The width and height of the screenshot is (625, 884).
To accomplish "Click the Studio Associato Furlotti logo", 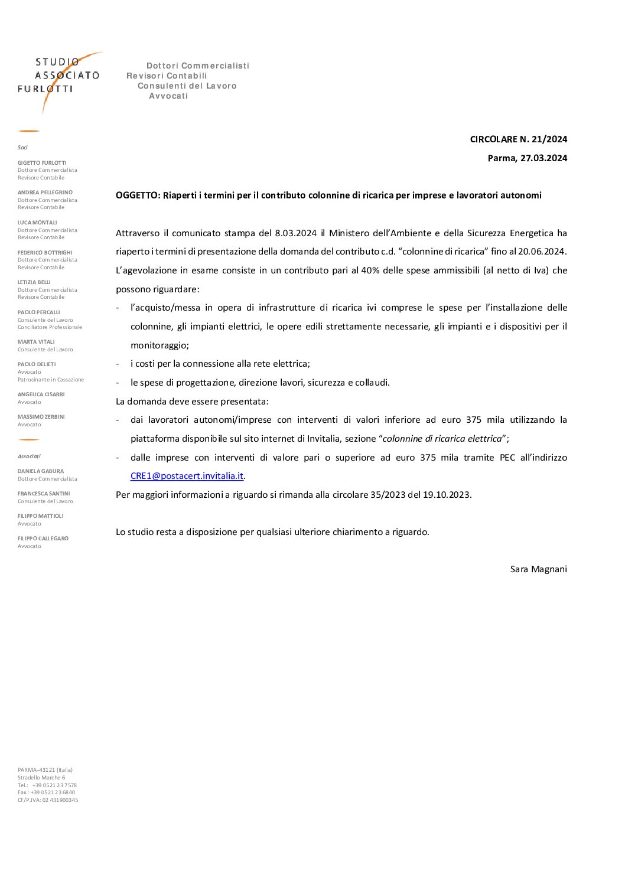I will tap(59, 77).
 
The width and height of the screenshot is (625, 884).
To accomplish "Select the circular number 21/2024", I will tap(549, 139).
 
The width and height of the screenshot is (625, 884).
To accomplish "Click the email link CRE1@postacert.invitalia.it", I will tap(187, 476).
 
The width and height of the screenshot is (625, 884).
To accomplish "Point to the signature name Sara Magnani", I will tap(538, 569).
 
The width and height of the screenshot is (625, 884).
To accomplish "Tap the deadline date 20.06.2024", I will tap(542, 252).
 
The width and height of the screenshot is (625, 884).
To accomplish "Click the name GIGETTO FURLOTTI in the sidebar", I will tap(42, 163).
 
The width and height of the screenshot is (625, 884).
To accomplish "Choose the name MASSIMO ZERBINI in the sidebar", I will tap(41, 417).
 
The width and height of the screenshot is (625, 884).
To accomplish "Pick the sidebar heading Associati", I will tap(29, 456).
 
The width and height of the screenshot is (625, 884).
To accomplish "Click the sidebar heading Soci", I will tap(22, 148).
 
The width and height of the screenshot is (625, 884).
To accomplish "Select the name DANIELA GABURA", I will tap(41, 471).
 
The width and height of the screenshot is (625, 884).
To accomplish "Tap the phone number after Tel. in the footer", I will tap(54, 785).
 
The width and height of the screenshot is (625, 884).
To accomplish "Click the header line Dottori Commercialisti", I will tap(198, 66).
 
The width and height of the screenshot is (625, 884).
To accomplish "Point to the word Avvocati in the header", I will tap(168, 96).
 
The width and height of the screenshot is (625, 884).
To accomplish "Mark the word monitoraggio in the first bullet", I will tap(159, 345).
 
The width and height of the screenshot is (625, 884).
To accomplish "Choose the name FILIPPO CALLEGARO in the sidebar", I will tap(43, 539).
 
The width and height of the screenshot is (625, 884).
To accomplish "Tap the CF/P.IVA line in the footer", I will tap(48, 800).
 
